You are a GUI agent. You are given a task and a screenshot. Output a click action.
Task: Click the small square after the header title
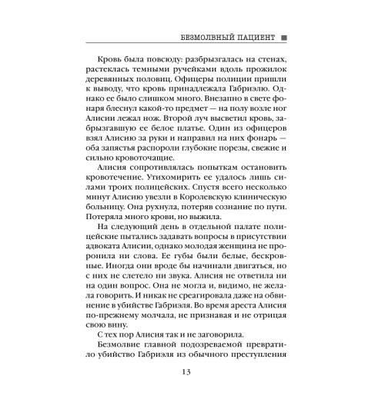tap(284, 37)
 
